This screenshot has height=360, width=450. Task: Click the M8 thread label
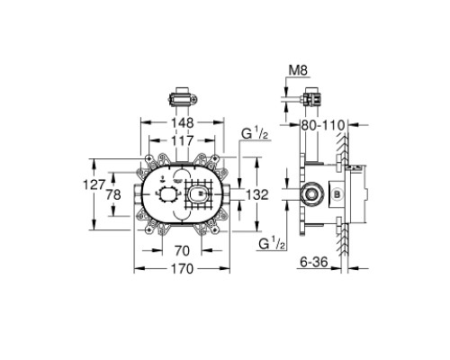pos(298,71)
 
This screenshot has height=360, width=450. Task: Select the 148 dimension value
pos(183,123)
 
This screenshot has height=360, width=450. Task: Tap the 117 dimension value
pos(183,140)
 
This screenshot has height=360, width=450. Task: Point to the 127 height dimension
pos(94,184)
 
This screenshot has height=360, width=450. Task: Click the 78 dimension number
pos(113,195)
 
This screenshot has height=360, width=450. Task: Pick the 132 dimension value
pos(257,195)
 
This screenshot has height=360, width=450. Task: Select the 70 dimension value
pos(182,251)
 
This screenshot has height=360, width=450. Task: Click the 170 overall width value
pos(183,269)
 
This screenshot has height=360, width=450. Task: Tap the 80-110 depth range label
pos(323,125)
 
